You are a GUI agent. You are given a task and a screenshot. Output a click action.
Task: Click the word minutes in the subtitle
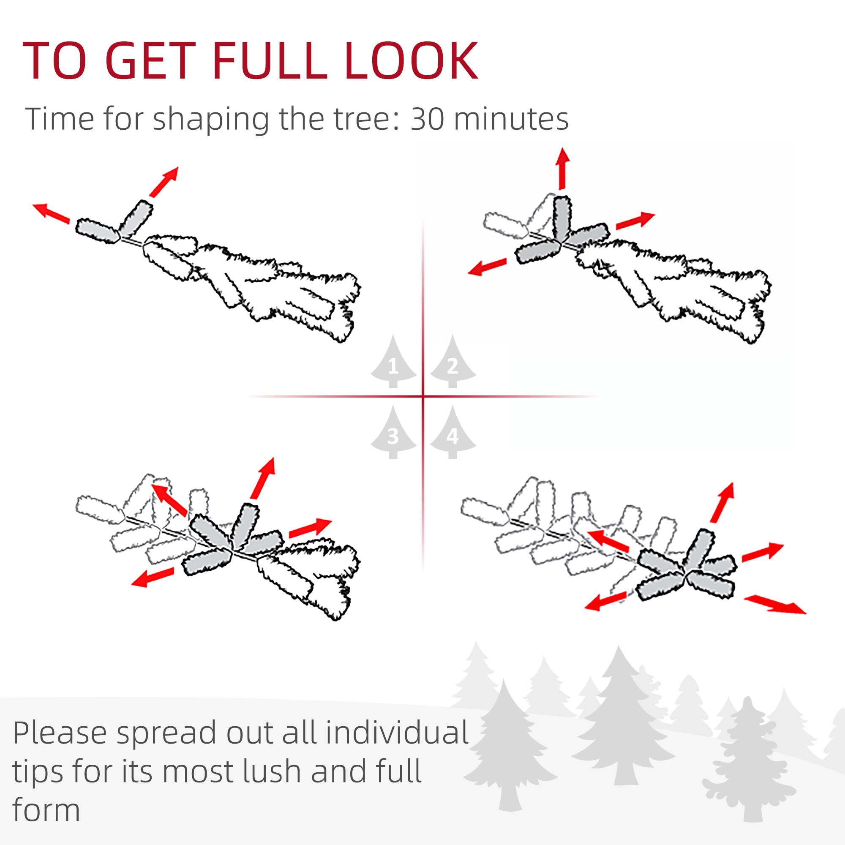[512, 119]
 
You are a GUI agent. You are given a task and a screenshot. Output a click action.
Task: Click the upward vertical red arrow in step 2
[562, 169]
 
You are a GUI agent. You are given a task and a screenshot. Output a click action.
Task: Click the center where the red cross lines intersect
[423, 397]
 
